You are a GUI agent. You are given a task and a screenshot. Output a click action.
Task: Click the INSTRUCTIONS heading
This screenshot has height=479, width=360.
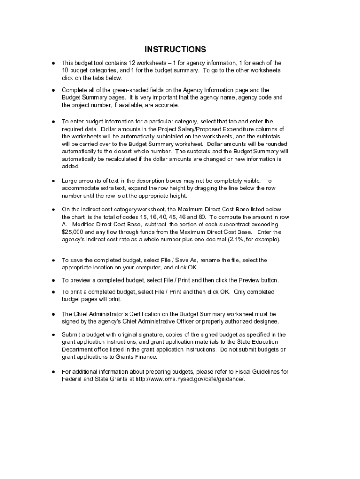click(x=175, y=49)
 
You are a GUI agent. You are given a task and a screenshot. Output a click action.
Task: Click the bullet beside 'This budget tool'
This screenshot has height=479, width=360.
click(x=54, y=63)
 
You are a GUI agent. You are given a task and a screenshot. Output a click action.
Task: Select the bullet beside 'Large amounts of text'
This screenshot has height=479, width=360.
click(x=54, y=181)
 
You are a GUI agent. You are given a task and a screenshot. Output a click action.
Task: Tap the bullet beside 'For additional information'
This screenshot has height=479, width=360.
click(x=54, y=371)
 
